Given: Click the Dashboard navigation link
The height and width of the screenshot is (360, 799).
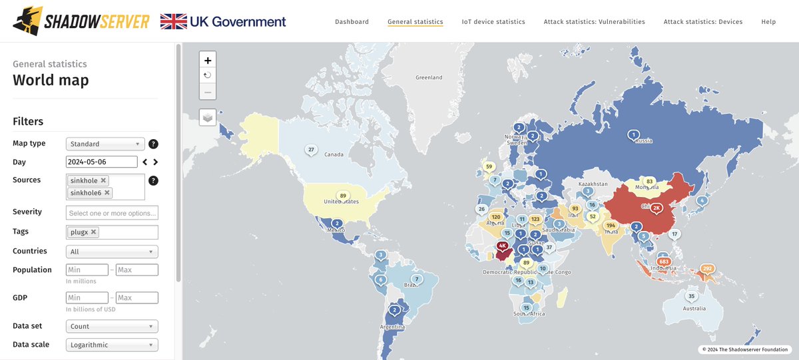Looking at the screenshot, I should click(x=352, y=22).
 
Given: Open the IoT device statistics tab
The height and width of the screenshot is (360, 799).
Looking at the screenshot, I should click(x=493, y=22).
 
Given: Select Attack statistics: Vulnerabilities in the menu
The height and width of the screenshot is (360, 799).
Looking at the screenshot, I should click(x=594, y=22).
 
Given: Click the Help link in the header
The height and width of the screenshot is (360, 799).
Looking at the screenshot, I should click(x=768, y=22).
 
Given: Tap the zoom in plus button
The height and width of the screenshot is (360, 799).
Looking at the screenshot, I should click(x=208, y=59).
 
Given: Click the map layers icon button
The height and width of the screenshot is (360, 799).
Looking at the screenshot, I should click(x=208, y=117).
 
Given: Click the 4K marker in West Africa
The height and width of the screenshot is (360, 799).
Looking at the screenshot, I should click(x=502, y=246).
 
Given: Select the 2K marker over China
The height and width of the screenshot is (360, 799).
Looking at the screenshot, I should click(x=657, y=208).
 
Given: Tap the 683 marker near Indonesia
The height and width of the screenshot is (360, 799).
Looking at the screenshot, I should click(x=663, y=261).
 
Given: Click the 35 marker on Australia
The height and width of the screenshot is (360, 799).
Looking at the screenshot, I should click(x=692, y=296).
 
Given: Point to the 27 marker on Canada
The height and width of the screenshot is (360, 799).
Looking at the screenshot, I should click(x=310, y=149).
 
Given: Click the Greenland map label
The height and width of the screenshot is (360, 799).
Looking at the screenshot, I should click(x=429, y=78).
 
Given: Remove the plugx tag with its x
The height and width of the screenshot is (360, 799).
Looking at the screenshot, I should click(x=93, y=232).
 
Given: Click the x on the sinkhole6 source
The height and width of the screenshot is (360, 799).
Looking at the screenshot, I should click(x=107, y=193).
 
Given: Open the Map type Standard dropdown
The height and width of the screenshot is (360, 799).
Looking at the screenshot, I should click(x=105, y=144).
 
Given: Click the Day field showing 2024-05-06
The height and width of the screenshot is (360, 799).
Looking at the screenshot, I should click(x=101, y=162).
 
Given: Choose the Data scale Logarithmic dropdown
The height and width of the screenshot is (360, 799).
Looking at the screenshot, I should click(x=112, y=345).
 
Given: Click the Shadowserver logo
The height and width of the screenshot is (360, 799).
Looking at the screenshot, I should click(x=81, y=21).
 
